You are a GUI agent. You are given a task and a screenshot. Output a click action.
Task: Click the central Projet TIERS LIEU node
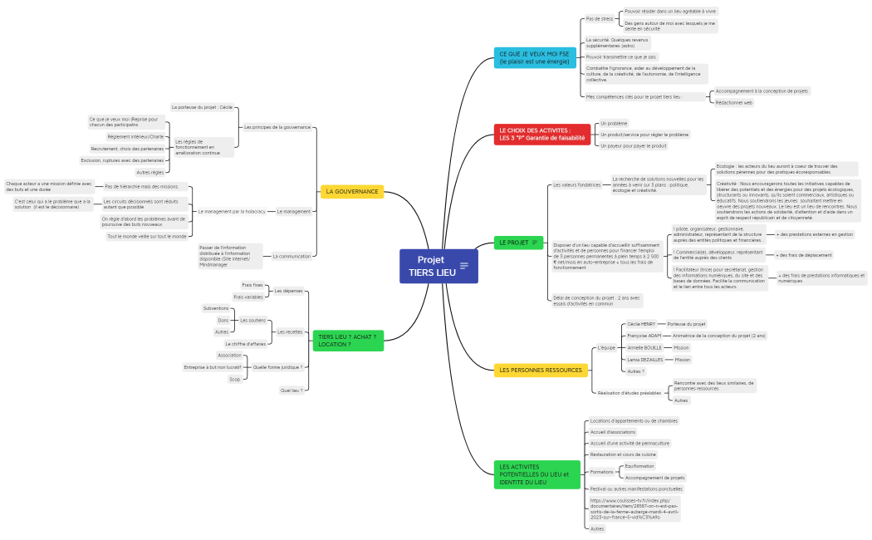430,266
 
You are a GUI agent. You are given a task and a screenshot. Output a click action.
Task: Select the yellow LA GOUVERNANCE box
352,192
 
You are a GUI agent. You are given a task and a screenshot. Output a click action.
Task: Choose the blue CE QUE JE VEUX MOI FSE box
535,57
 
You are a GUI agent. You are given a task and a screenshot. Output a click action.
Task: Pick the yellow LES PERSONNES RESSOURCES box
541,370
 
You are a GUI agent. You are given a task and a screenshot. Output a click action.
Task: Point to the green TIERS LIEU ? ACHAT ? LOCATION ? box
348,341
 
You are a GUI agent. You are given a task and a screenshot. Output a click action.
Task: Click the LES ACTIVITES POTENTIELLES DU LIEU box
536,474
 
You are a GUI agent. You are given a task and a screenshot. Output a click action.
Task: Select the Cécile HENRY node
642,323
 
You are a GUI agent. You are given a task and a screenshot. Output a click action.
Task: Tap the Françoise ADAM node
644,336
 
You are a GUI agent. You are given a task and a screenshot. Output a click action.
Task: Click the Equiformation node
639,466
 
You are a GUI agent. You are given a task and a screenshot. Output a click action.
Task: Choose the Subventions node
216,308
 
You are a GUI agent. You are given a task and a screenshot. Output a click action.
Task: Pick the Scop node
235,379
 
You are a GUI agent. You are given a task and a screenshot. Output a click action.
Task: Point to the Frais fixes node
252,285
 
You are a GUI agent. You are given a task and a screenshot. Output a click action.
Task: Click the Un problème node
614,123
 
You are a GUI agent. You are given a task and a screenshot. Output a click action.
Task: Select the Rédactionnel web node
734,102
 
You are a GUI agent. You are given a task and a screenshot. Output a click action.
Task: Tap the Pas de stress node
600,18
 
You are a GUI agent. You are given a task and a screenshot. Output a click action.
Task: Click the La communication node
291,256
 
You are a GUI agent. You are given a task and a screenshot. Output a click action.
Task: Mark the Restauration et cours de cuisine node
623,454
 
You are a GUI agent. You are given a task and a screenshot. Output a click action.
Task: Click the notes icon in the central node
464,266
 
